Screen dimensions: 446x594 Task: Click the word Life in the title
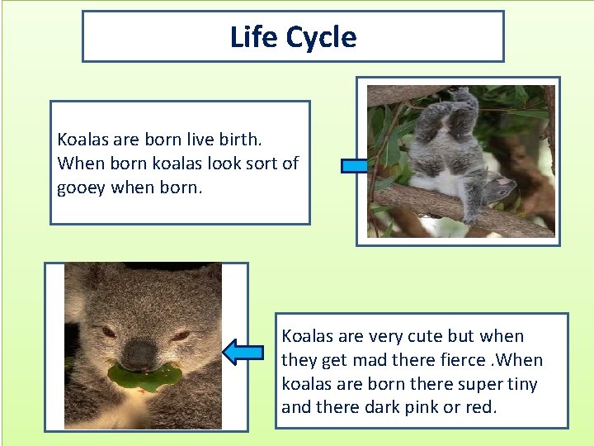click(x=253, y=37)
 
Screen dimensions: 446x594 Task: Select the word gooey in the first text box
click(x=82, y=187)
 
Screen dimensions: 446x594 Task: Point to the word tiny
click(x=521, y=384)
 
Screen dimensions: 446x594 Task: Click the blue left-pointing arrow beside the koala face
click(x=243, y=353)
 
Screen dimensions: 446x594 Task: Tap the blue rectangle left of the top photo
click(x=355, y=166)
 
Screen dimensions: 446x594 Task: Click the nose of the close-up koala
click(x=140, y=354)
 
